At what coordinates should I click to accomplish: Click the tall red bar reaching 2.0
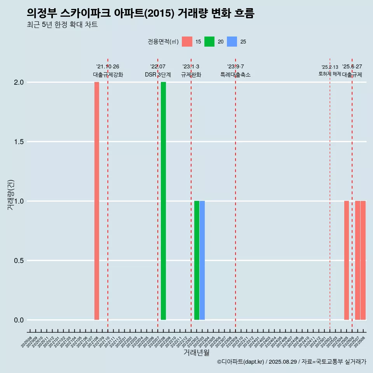click(x=97, y=201)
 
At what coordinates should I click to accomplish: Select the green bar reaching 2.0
click(x=163, y=201)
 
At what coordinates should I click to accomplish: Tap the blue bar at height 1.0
click(x=202, y=260)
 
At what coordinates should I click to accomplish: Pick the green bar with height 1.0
click(x=197, y=260)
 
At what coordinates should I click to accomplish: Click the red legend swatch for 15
click(x=187, y=42)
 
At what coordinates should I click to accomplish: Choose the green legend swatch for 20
click(x=209, y=42)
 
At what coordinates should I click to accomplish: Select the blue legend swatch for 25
click(x=232, y=42)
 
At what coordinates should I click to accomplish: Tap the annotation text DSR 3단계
click(x=158, y=75)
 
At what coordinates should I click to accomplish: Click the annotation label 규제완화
click(x=191, y=75)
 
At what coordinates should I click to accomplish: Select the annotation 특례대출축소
click(x=235, y=75)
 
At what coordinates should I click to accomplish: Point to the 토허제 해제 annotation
click(x=329, y=74)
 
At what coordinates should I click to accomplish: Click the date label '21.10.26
click(x=108, y=67)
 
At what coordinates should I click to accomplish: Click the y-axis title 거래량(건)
click(x=11, y=195)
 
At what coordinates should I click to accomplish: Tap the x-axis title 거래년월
click(x=196, y=352)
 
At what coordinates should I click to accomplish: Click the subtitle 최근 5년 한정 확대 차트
click(x=62, y=25)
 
